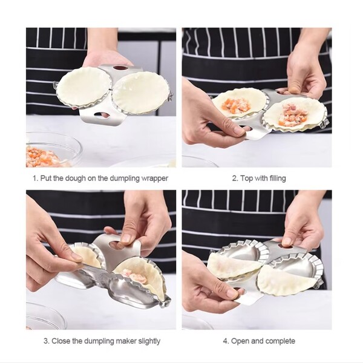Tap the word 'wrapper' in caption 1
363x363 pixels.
[154, 178]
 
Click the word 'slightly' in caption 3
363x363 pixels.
[149, 341]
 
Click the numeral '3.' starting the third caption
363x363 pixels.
[47, 341]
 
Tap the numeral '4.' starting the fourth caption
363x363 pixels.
[226, 341]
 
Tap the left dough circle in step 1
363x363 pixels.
[83, 88]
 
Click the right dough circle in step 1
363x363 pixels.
[141, 93]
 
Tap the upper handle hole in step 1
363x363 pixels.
[120, 68]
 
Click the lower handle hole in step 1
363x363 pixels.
[102, 115]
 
